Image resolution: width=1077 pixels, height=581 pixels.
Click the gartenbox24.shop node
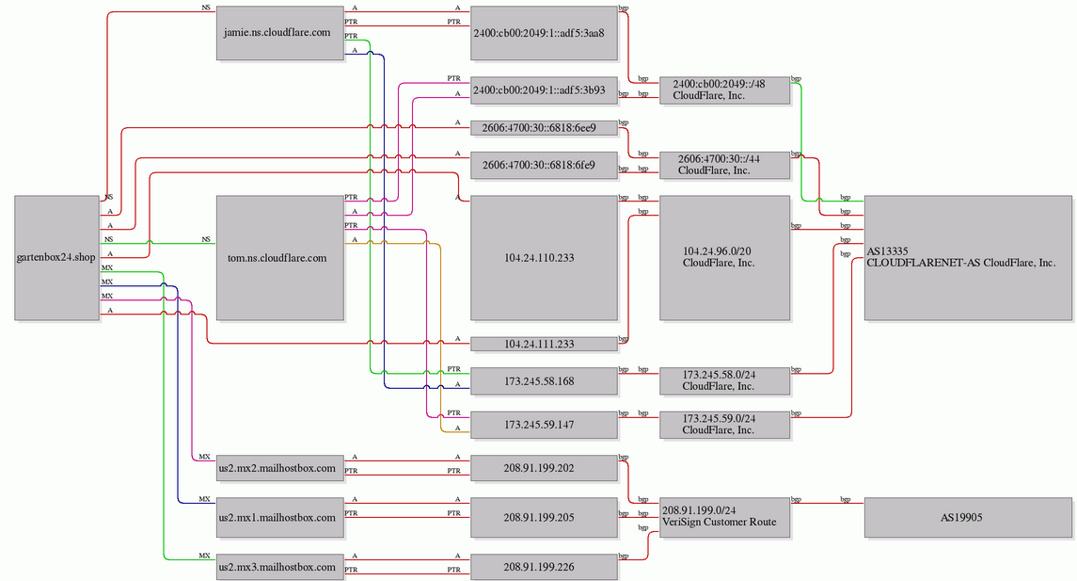coord(57,258)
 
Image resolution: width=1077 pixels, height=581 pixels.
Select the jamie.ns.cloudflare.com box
coord(279,33)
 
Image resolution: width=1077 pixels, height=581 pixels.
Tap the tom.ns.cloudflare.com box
coord(279,258)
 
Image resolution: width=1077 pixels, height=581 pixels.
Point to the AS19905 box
coord(968,518)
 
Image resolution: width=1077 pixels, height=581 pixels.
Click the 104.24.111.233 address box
coord(544,344)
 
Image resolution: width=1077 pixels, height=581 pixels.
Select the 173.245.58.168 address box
coord(544,381)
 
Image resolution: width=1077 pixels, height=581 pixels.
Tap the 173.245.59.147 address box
coord(544,425)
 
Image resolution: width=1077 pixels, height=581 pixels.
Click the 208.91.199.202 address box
coord(544,468)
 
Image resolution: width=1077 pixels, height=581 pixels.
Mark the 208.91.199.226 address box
coord(544,567)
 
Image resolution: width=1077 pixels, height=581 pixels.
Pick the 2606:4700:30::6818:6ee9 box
coord(544,128)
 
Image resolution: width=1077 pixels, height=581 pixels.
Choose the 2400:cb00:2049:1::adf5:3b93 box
coord(544,90)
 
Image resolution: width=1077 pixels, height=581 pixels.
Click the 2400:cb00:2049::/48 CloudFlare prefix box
coord(724,90)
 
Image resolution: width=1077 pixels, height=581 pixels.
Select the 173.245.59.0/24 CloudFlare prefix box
coord(724,425)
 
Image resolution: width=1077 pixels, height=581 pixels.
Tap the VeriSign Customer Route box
coord(724,518)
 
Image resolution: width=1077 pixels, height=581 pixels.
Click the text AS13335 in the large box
coord(887,251)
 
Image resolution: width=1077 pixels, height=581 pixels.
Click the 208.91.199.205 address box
coord(544,518)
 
